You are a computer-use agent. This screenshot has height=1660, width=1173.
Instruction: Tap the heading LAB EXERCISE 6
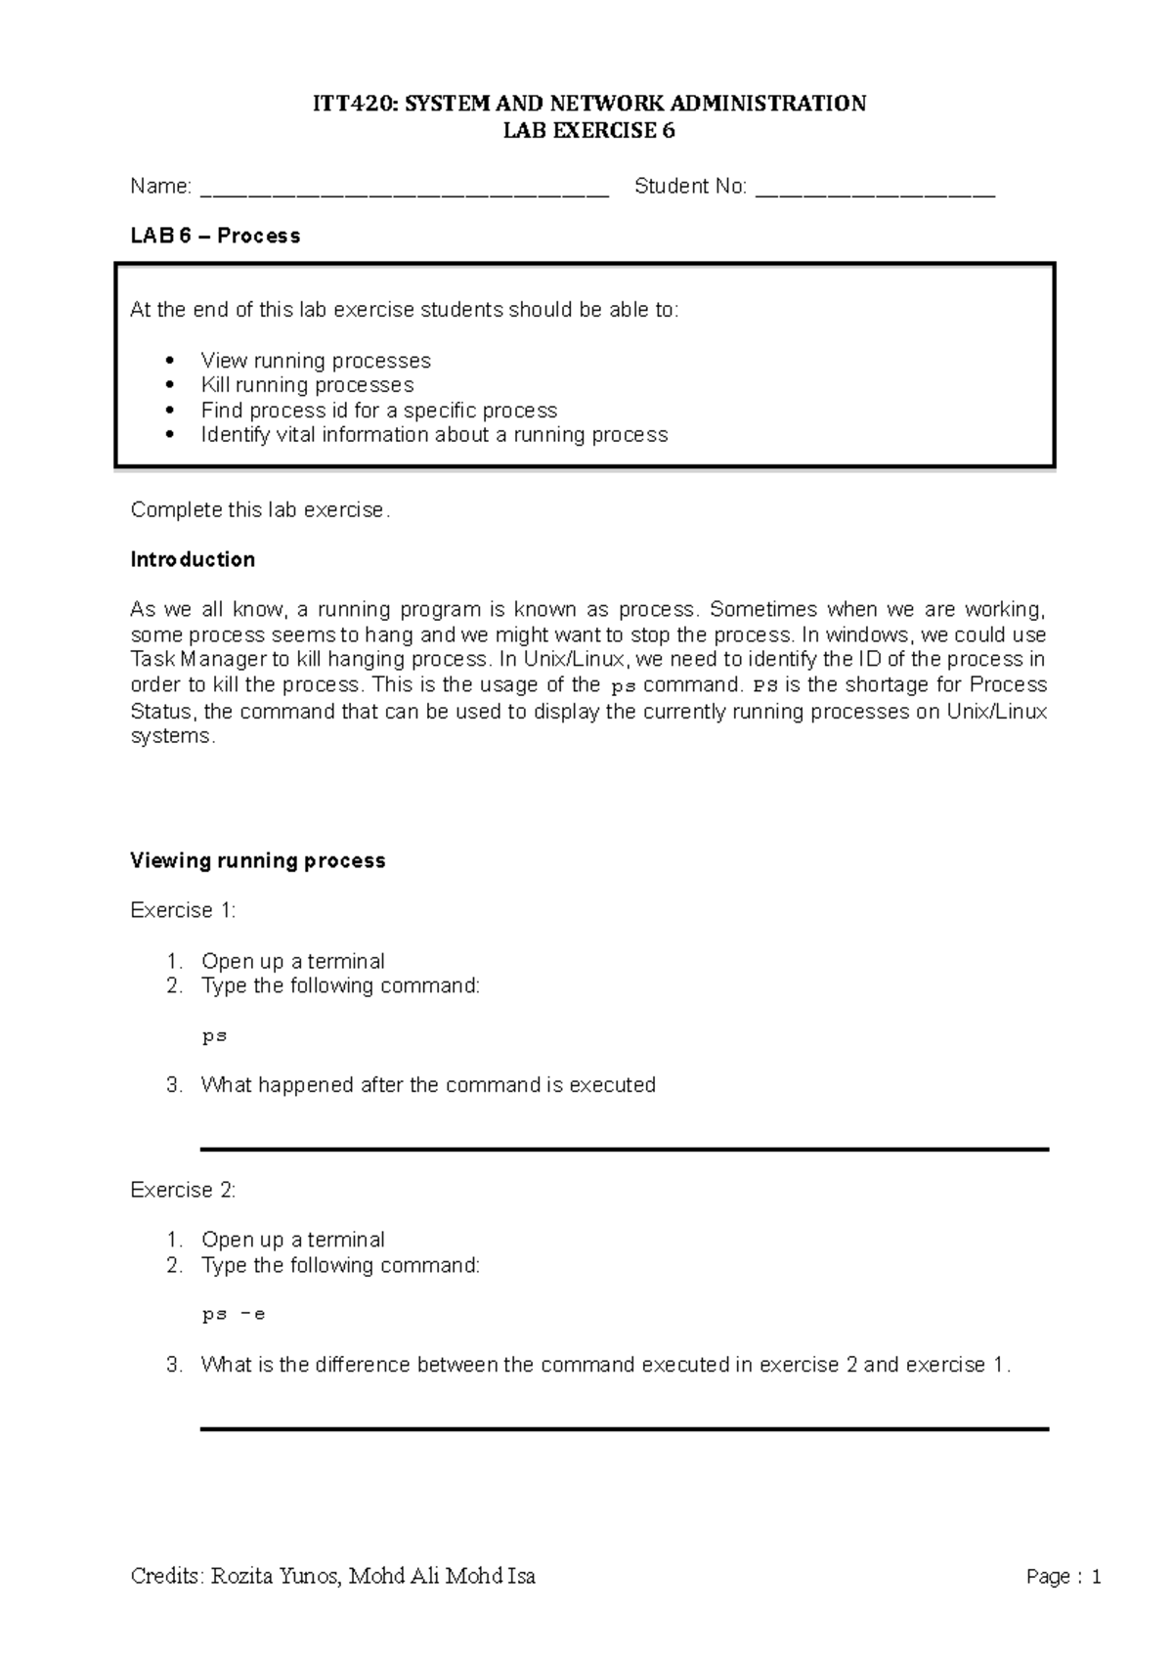[x=588, y=131]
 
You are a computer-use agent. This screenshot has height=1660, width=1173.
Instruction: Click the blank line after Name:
[x=404, y=191]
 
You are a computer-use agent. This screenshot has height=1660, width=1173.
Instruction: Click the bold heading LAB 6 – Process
[x=215, y=236]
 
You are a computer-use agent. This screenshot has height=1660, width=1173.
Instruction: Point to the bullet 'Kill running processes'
[x=307, y=385]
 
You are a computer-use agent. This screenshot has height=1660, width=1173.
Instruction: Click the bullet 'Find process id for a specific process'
[x=378, y=411]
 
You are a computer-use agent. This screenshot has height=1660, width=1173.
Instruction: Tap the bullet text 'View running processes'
[x=315, y=361]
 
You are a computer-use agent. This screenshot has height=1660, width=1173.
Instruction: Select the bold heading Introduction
[x=193, y=559]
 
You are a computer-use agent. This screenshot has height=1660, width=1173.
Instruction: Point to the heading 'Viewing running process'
[x=258, y=860]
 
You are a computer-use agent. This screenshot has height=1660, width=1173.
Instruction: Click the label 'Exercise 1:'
[x=183, y=910]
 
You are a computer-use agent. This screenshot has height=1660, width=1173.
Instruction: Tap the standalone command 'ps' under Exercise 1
[x=214, y=1036]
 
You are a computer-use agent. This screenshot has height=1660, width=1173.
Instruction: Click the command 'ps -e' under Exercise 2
[x=234, y=1315]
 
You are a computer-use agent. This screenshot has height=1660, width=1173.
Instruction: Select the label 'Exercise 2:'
[x=183, y=1190]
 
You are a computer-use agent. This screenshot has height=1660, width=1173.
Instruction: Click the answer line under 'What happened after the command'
[x=624, y=1150]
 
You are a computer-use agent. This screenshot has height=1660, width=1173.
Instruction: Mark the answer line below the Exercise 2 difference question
[x=624, y=1429]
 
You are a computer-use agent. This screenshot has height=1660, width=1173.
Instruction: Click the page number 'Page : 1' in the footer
[x=1064, y=1577]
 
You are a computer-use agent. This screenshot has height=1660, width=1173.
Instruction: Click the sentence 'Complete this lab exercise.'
[x=260, y=510]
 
